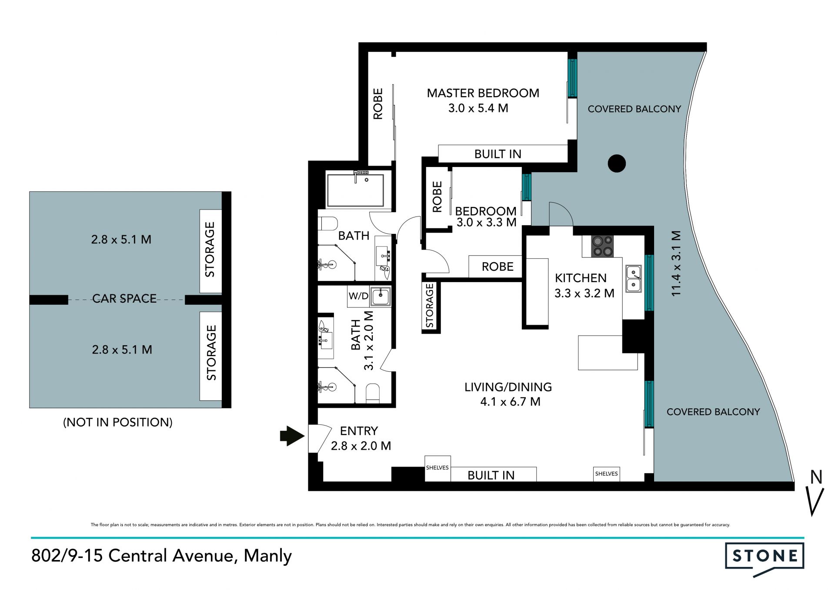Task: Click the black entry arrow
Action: click(292, 435)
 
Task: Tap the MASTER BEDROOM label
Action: click(483, 93)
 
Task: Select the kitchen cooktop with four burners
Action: click(602, 246)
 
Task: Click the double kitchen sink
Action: click(633, 279)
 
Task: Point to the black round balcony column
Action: click(616, 163)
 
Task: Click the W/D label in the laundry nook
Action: click(358, 296)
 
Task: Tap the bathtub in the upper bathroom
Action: click(355, 190)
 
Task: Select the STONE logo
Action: click(765, 559)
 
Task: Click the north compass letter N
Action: click(816, 477)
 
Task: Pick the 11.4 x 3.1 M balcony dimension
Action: click(676, 263)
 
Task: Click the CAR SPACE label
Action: click(124, 299)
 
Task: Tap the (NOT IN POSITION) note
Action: click(118, 422)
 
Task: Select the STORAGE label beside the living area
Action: click(430, 306)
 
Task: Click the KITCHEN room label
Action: click(581, 278)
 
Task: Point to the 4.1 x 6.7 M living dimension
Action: click(510, 402)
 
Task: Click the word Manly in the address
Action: click(267, 556)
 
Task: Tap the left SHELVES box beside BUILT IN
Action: click(438, 468)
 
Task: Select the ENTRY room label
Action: click(359, 431)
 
